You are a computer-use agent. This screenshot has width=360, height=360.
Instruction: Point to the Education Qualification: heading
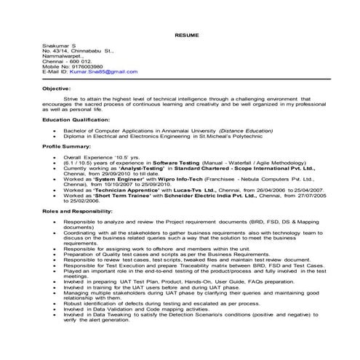[76, 118]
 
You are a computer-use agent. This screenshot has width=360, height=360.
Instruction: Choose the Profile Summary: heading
[65, 146]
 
